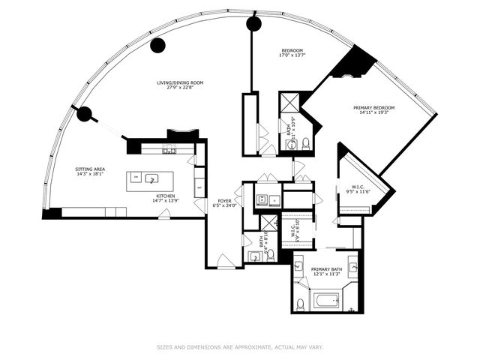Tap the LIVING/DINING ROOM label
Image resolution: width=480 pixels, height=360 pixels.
(x=180, y=85)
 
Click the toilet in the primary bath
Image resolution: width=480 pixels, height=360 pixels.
(x=301, y=303)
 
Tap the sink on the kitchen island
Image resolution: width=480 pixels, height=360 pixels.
(x=151, y=179)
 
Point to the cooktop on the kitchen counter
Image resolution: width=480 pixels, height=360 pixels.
(x=169, y=150)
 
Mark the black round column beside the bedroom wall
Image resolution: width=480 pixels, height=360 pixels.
(x=253, y=24)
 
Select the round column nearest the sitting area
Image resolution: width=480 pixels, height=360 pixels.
(x=84, y=115)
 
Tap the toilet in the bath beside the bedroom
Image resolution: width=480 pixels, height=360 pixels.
(x=306, y=143)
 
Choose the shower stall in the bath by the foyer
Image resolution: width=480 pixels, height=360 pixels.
(x=268, y=223)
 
